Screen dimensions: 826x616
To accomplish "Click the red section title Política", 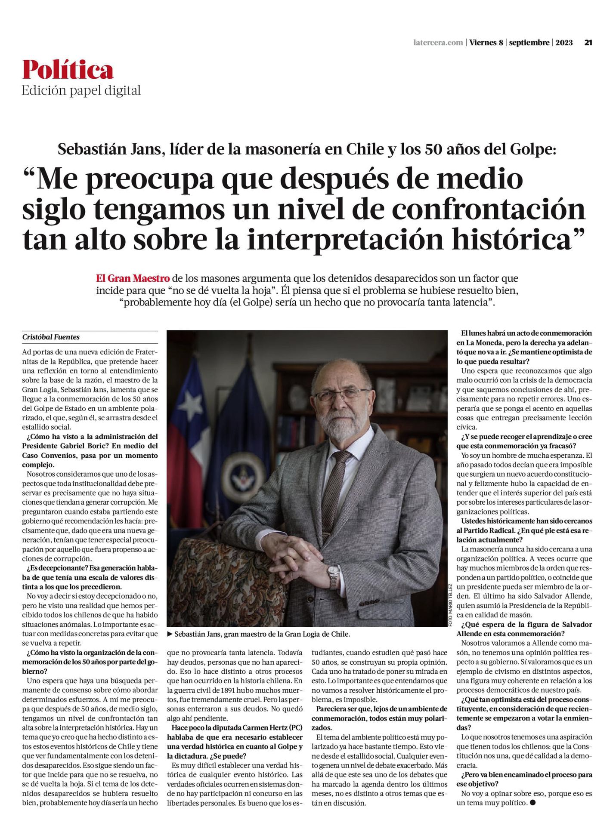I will coord(68,70).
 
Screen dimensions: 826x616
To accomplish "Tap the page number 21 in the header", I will coord(588,43).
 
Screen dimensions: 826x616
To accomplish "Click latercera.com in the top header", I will coord(438,43).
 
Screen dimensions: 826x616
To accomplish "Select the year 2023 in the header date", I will coord(564,43).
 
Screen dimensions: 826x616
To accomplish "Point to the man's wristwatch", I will coord(333,575).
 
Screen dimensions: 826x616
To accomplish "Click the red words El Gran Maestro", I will coord(133,278).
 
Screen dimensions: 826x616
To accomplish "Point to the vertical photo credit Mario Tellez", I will coord(450,604).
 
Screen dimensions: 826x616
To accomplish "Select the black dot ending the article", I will coord(533,803).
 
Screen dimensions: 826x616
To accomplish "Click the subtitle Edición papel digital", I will coord(81,90).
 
